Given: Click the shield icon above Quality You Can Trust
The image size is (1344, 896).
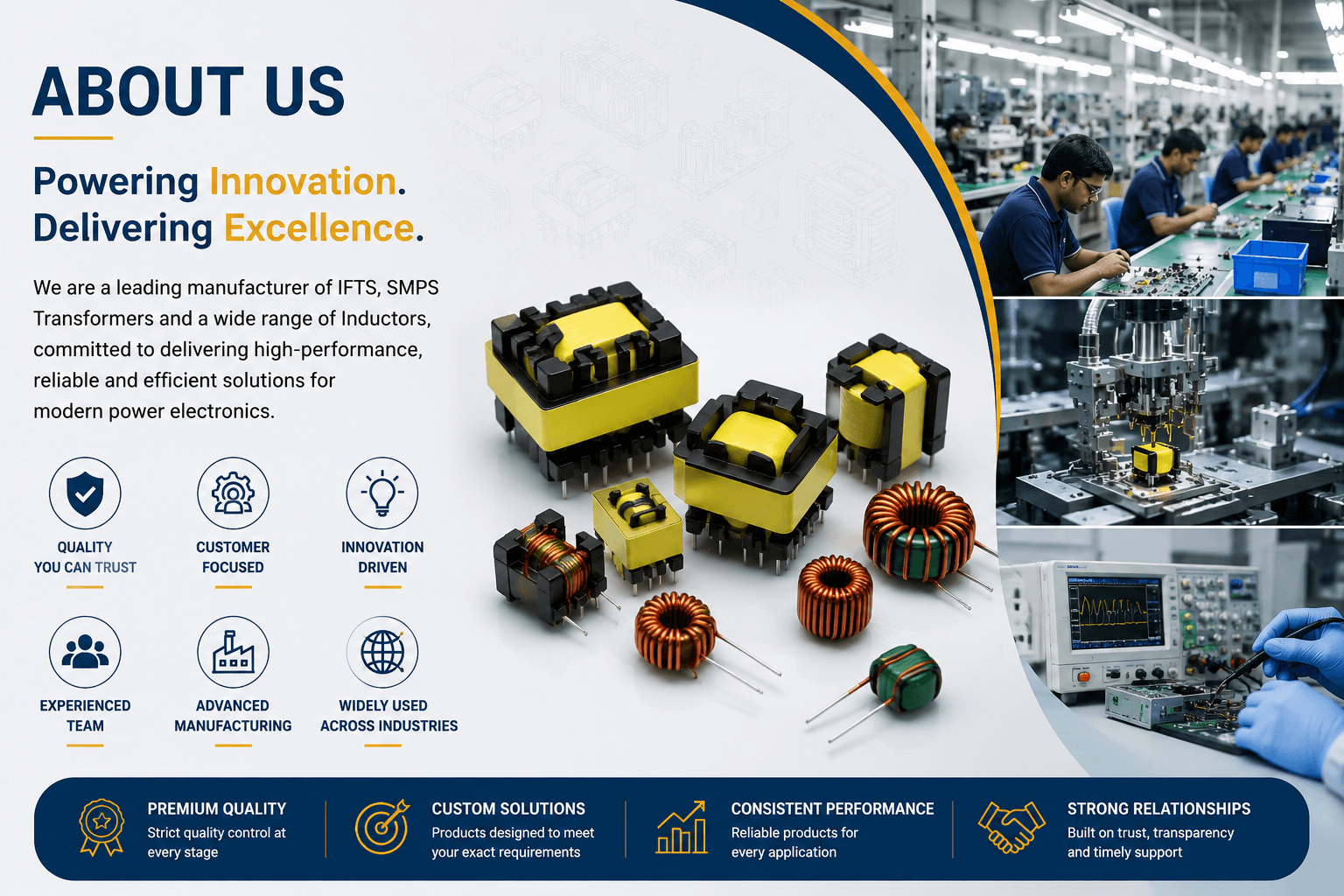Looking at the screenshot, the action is (85, 493).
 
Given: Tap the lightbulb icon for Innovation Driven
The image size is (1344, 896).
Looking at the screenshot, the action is (382, 493).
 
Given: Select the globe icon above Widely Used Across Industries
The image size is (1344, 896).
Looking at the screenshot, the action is (382, 652).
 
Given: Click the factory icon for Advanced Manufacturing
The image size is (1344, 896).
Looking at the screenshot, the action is (233, 652).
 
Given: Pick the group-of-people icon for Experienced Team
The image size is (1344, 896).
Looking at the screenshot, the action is (85, 651).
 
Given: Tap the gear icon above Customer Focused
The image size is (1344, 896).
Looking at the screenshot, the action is (233, 493).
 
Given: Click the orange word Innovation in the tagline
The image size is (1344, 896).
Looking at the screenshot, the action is (303, 181).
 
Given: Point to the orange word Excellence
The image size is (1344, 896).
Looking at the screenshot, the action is (319, 228).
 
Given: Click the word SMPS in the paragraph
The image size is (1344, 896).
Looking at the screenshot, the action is (412, 288).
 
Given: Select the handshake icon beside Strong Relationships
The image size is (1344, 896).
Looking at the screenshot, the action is (1011, 826).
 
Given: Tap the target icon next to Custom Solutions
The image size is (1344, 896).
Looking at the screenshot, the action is (382, 826).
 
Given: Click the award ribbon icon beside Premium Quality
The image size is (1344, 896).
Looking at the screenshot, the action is (101, 827).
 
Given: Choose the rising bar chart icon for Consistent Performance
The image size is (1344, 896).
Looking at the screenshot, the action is (681, 826).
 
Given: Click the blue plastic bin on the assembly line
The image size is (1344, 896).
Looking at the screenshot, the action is (1270, 268).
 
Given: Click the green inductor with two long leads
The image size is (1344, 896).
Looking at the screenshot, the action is (900, 679).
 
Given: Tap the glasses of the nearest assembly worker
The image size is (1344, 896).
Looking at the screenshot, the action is (1091, 186).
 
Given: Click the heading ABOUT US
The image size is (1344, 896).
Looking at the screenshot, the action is (189, 91).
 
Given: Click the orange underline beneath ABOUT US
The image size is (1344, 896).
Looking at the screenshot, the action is (73, 138).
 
